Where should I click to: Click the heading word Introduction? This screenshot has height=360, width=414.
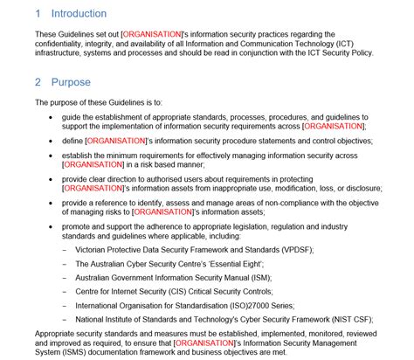[x=79, y=14]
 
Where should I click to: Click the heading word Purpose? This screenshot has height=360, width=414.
[x=71, y=82]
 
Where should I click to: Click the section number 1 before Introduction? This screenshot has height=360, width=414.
[x=38, y=14]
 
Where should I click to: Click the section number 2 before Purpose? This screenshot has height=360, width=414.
[x=38, y=82]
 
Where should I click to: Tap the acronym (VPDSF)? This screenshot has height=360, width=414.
[x=294, y=249]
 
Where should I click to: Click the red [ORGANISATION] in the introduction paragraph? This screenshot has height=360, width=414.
[x=154, y=33]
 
